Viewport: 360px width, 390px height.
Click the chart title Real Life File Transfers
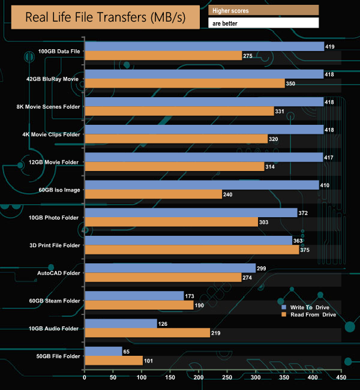pyautogui.click(x=104, y=17)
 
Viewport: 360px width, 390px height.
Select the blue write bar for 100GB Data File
pyautogui.click(x=204, y=46)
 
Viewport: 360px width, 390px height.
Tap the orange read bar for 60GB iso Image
pyautogui.click(x=153, y=194)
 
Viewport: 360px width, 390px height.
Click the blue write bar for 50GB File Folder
pyautogui.click(x=103, y=351)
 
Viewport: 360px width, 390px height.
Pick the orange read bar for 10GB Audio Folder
pyautogui.click(x=147, y=333)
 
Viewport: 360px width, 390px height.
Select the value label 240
pyautogui.click(x=228, y=194)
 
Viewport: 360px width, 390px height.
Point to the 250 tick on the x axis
pyautogui.click(x=227, y=379)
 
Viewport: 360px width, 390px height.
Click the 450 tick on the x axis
pyautogui.click(x=341, y=379)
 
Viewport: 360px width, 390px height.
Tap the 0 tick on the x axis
pyautogui.click(x=85, y=379)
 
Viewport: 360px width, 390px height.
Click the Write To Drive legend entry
pyautogui.click(x=305, y=307)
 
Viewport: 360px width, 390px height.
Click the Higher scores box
pyautogui.click(x=263, y=10)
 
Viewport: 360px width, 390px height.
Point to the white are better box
pyautogui.click(x=263, y=23)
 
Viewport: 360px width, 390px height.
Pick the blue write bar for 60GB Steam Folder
pyautogui.click(x=134, y=296)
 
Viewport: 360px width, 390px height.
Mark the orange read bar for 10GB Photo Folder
pyautogui.click(x=171, y=222)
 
